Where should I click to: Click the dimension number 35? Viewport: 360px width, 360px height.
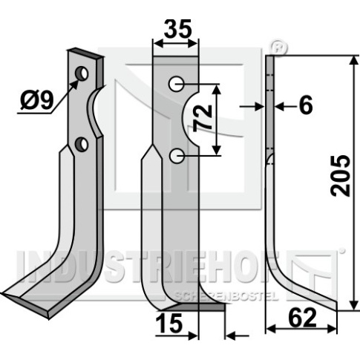coord(178,28)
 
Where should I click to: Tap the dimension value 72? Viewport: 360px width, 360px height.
coord(203,117)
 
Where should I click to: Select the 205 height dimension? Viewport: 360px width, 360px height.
coord(341,176)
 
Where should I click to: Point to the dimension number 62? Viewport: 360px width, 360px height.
coord(303,317)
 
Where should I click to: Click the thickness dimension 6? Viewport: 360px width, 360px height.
coord(306,105)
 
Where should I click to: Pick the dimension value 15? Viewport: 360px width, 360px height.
coord(169,323)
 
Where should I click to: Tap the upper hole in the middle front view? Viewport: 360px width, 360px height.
coord(176,84)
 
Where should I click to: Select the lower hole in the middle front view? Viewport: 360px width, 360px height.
coord(177,156)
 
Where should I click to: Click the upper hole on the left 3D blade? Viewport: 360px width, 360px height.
coord(82,73)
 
